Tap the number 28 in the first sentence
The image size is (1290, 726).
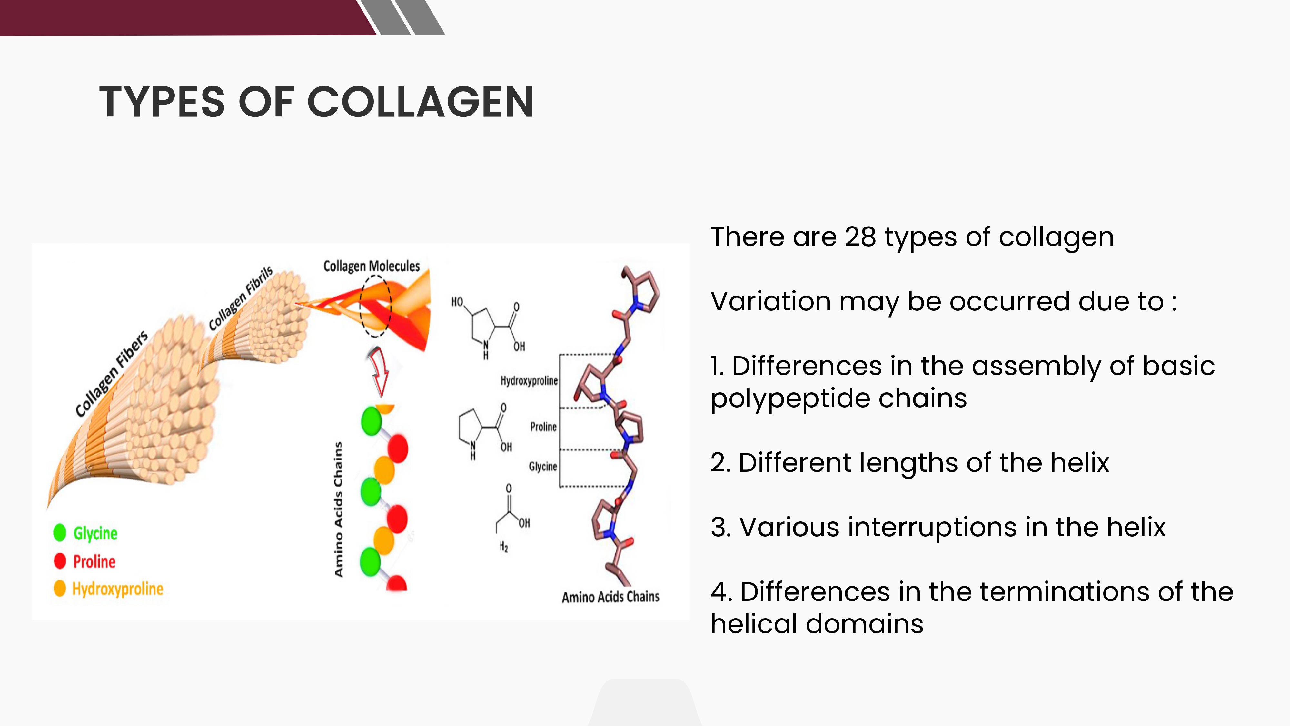(860, 237)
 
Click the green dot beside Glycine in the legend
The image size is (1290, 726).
(60, 533)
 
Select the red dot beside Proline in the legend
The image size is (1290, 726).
(60, 561)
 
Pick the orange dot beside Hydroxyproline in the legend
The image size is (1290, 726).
(60, 588)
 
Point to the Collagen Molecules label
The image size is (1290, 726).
(372, 266)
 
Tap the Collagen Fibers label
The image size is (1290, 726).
(112, 374)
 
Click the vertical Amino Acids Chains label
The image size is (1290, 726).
(339, 509)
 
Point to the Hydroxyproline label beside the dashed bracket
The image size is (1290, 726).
(529, 381)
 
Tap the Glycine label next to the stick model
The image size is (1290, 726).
(543, 467)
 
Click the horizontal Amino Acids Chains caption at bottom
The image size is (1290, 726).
(610, 597)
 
